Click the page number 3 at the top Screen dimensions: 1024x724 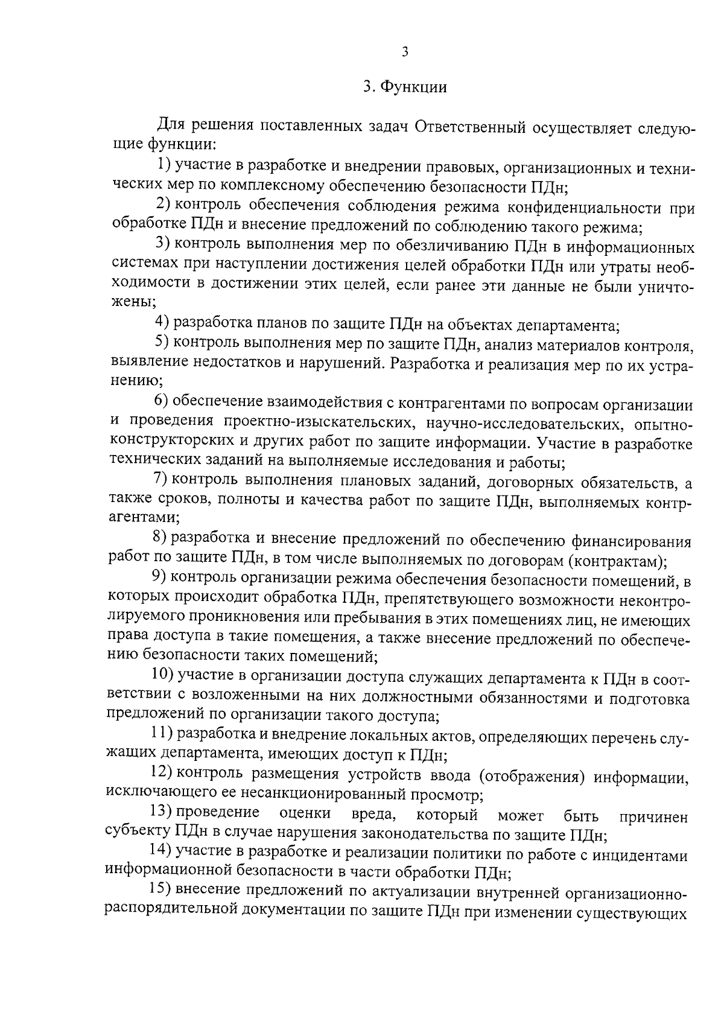(x=405, y=52)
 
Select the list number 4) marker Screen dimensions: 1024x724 (x=162, y=325)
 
